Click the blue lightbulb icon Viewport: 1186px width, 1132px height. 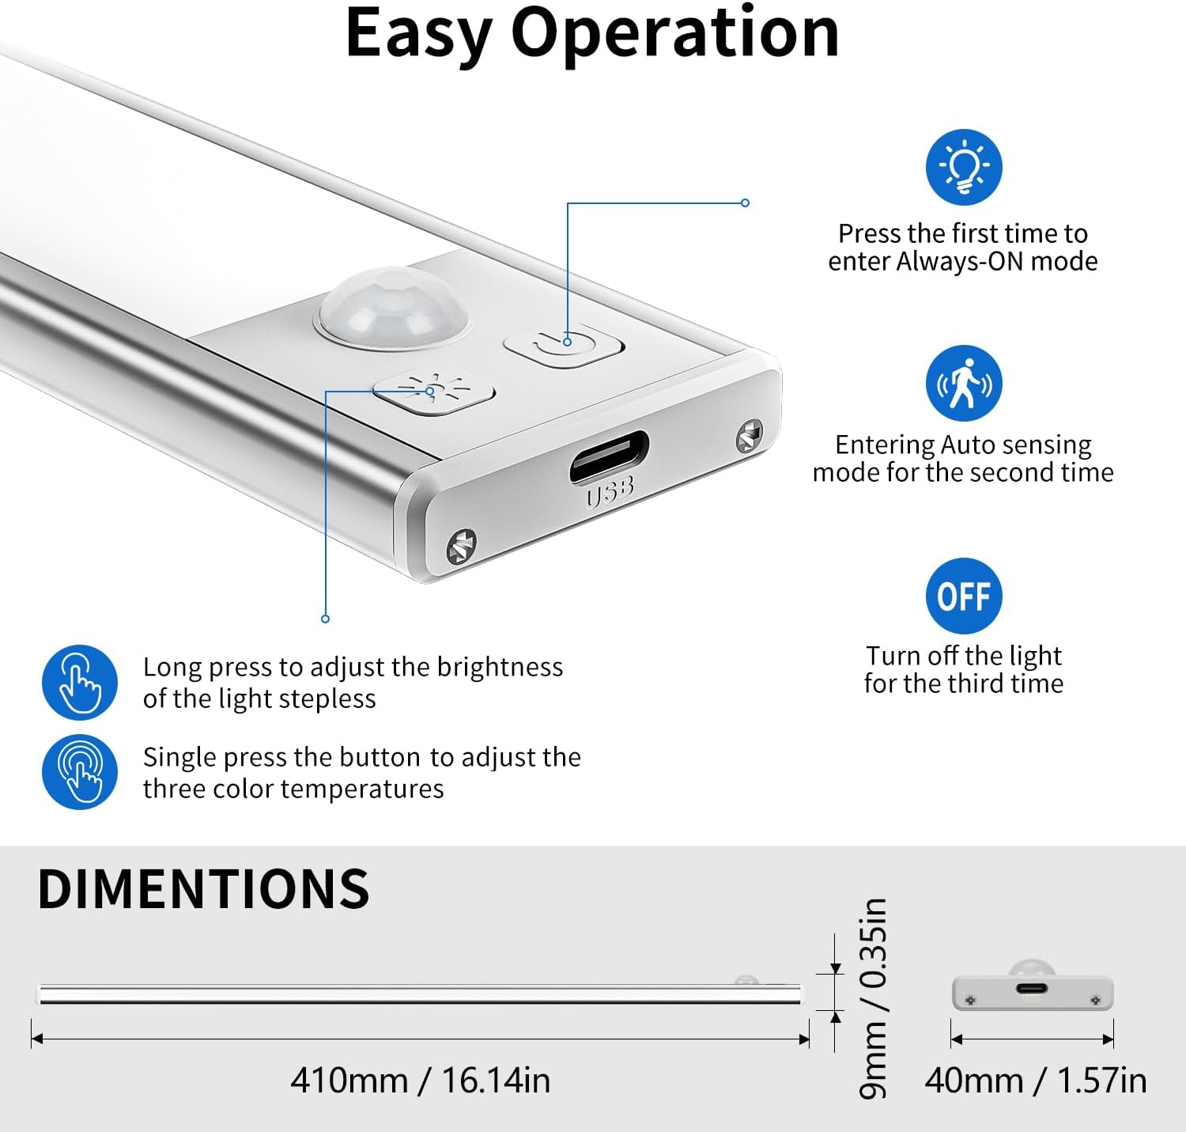(x=963, y=167)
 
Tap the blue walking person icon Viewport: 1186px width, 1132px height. (x=963, y=383)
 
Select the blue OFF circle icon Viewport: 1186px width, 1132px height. (x=963, y=596)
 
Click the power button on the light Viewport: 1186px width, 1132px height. (x=564, y=346)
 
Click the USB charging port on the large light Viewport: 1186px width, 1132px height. (x=610, y=456)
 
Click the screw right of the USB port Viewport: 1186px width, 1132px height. (x=750, y=435)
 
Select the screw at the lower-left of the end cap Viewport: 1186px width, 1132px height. (x=462, y=546)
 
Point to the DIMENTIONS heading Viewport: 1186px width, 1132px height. (x=203, y=888)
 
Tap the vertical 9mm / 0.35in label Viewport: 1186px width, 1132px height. (x=873, y=998)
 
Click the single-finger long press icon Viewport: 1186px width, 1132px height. (x=80, y=682)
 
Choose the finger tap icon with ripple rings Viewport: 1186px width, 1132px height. (x=80, y=771)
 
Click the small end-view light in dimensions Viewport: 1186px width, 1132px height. (x=1032, y=986)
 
